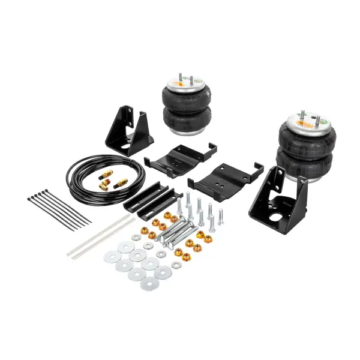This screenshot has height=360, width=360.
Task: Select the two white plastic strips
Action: coord(99,236)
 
